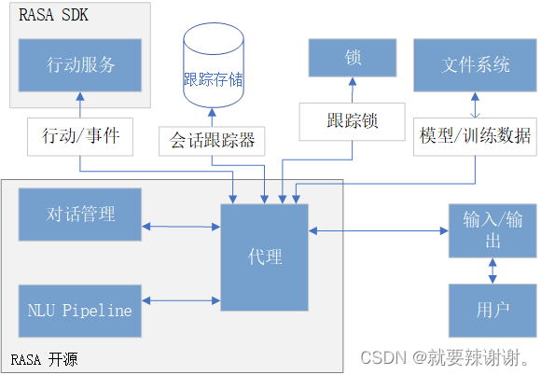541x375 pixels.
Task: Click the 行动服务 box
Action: point(80,64)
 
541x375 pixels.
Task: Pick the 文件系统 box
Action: point(475,64)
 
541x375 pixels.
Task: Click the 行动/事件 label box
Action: point(80,136)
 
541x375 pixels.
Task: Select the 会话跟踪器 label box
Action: point(212,141)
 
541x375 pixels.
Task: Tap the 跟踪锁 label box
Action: point(353,120)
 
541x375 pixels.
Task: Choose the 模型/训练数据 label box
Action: point(475,135)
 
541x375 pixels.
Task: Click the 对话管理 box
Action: point(80,214)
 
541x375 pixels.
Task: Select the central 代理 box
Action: point(264,257)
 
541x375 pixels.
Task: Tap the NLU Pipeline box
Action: point(80,311)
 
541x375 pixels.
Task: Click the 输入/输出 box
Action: point(493,229)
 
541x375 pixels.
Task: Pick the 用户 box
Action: point(493,310)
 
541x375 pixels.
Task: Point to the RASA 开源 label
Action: point(44,358)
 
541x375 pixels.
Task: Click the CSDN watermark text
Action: point(444,358)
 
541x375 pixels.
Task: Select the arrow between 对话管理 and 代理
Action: point(181,226)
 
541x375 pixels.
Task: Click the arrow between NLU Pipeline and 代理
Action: point(181,299)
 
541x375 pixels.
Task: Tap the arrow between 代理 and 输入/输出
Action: point(378,230)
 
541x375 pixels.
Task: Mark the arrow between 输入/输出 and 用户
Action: point(493,271)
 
